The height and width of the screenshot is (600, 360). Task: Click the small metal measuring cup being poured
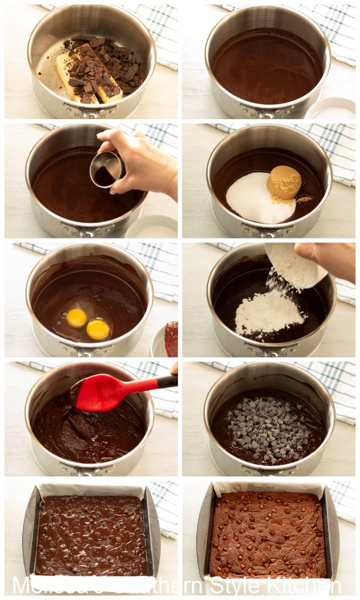[106, 169]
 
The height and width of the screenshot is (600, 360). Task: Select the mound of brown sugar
[284, 182]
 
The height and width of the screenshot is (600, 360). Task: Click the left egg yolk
[76, 318]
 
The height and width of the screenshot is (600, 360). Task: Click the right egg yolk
[98, 329]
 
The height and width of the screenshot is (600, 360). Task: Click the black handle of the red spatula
[167, 381]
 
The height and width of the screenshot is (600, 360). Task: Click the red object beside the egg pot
[171, 339]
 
